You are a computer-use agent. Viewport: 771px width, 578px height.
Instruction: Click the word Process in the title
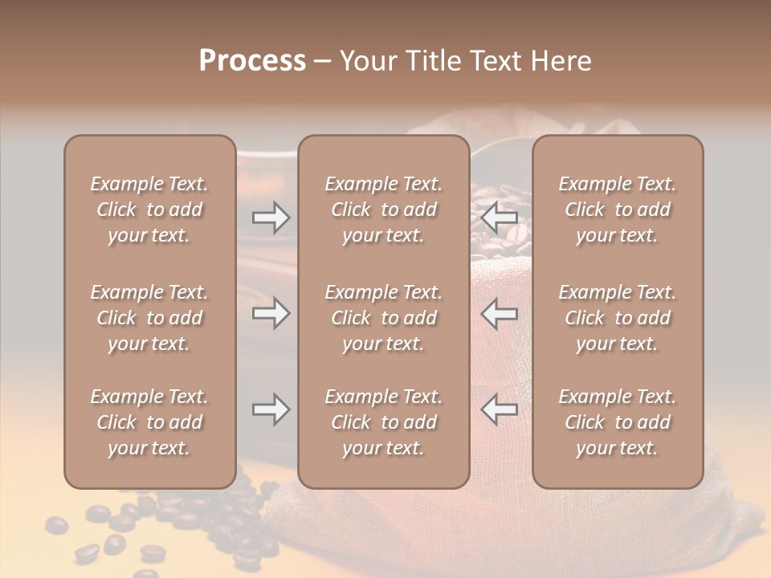[x=252, y=61]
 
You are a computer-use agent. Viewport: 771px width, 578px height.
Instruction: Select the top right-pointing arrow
[x=271, y=217]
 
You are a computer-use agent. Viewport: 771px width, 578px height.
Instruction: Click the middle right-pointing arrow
[x=271, y=313]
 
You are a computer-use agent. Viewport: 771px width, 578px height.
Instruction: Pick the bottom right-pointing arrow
[x=271, y=409]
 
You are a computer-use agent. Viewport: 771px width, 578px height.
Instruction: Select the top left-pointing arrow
[x=500, y=217]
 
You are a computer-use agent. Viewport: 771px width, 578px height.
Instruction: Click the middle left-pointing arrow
[x=500, y=313]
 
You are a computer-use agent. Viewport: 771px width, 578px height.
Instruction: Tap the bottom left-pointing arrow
[x=500, y=409]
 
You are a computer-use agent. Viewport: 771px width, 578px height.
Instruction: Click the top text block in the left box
[x=149, y=210]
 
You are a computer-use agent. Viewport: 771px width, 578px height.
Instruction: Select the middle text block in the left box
[x=149, y=318]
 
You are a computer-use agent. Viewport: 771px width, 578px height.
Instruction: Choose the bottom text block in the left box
[x=149, y=422]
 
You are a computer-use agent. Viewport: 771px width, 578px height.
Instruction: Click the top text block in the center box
[x=383, y=210]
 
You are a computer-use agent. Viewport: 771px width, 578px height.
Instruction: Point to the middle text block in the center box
[x=383, y=318]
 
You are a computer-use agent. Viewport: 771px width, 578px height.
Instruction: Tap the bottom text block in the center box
[x=383, y=422]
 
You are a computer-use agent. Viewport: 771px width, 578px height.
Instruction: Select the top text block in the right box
[x=617, y=210]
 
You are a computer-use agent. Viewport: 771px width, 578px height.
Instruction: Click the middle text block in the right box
[x=617, y=318]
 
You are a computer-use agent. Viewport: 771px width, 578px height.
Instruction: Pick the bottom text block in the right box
[x=617, y=422]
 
